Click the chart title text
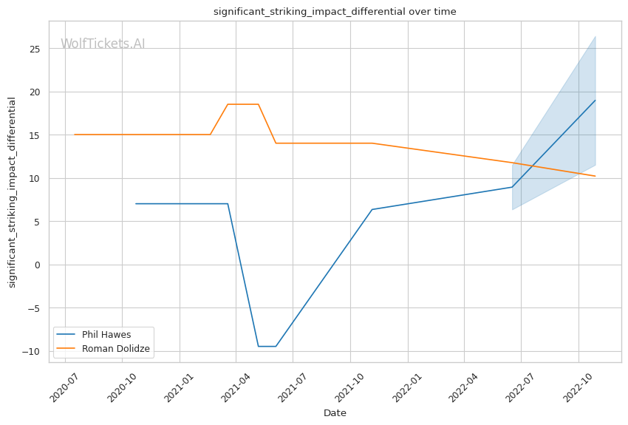pyautogui.click(x=335, y=12)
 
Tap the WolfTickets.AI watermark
pyautogui.click(x=103, y=44)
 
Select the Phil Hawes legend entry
pyautogui.click(x=106, y=335)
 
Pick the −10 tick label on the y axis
pyautogui.click(x=34, y=351)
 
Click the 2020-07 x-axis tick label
pyautogui.click(x=64, y=386)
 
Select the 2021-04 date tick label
pyautogui.click(x=236, y=386)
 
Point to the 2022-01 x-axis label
pyautogui.click(x=406, y=386)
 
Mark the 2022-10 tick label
pyautogui.click(x=577, y=386)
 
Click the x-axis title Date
pyautogui.click(x=335, y=413)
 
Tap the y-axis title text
pyautogui.click(x=12, y=191)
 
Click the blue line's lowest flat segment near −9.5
pyautogui.click(x=267, y=346)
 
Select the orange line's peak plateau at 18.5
pyautogui.click(x=242, y=104)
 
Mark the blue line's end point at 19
pyautogui.click(x=595, y=101)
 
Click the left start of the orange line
pyautogui.click(x=75, y=135)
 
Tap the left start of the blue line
pyautogui.click(x=136, y=203)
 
